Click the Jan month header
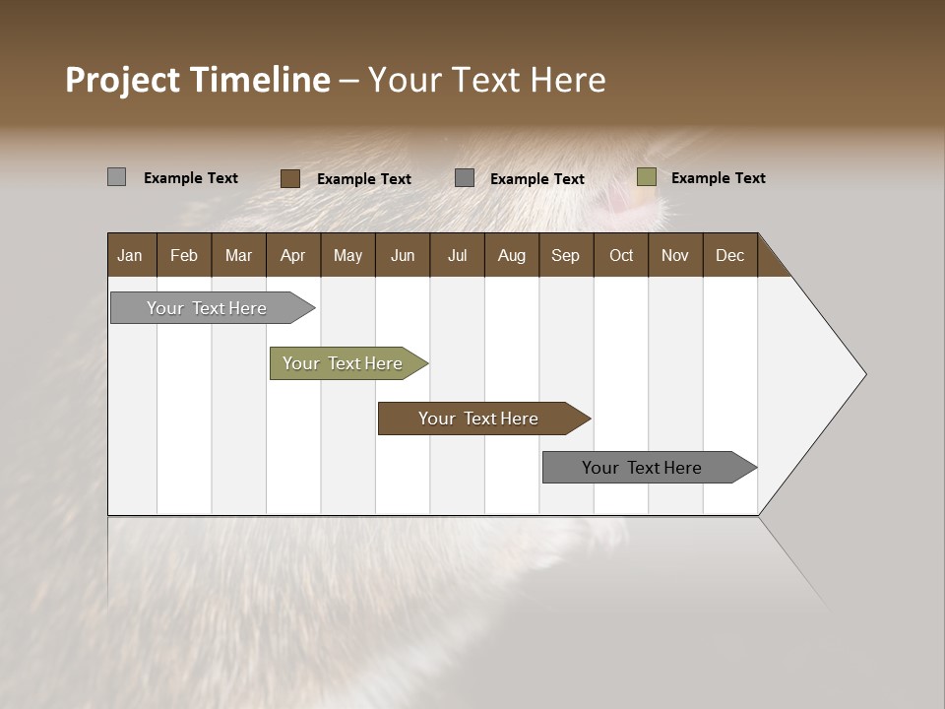130,255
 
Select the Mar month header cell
238,255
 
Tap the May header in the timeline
347,255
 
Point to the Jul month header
457,255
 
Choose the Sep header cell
565,255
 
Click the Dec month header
729,255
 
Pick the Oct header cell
621,255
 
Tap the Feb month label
184,255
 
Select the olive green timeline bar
344,363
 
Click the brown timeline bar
478,419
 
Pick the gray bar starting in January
208,308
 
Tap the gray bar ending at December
643,468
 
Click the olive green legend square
646,177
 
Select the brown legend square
289,178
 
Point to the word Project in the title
123,80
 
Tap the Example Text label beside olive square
718,178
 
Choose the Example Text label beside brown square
363,179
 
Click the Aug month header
511,255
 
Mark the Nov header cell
674,255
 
